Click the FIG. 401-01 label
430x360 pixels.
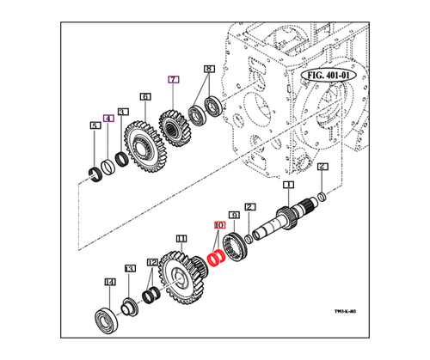tap(332, 75)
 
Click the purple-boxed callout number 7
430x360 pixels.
tap(173, 80)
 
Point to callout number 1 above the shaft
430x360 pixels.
tap(289, 186)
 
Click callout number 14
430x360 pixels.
tap(109, 282)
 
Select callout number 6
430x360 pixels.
tap(145, 98)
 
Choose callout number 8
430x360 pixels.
tap(207, 68)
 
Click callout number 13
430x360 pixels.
tap(130, 269)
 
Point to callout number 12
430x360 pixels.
tap(151, 261)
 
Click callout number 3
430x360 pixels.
tap(123, 112)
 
